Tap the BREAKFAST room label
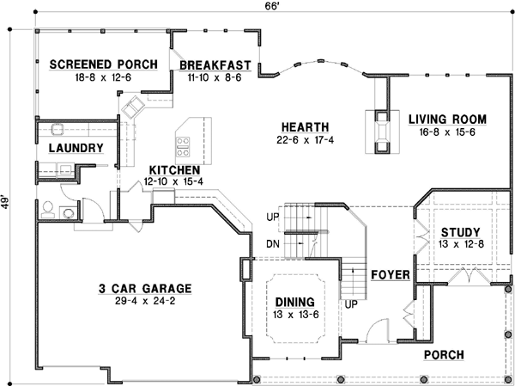pos(215,64)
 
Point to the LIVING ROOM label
pos(447,119)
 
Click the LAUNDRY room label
pos(76,148)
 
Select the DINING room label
pos(294,303)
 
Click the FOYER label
pos(388,275)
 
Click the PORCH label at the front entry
pos(444,354)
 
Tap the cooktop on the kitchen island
pos(183,138)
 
